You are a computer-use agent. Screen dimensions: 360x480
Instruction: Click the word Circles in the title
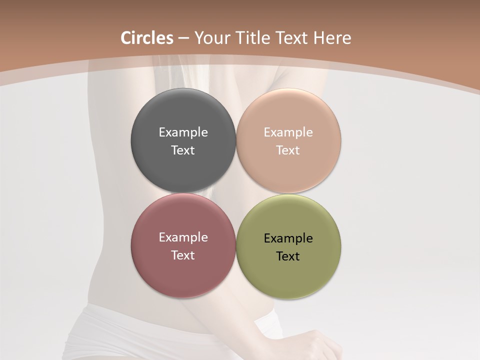click(147, 38)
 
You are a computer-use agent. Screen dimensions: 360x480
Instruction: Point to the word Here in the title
click(332, 38)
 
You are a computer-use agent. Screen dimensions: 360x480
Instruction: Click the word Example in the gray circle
click(183, 132)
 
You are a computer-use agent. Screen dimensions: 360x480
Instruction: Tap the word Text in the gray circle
click(183, 150)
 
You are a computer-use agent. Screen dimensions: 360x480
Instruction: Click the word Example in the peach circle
click(288, 132)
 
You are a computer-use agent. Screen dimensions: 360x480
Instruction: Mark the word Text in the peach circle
click(288, 150)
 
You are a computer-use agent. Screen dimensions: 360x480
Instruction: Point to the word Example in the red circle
click(183, 237)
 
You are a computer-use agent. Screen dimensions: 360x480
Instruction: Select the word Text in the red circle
click(183, 255)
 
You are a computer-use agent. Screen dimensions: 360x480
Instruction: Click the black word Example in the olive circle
click(288, 238)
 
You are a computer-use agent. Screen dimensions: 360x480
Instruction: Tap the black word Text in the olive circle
click(288, 256)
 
